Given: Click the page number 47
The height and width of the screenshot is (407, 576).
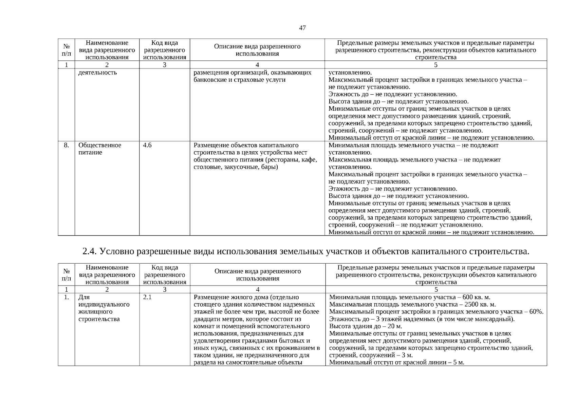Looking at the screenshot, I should (x=302, y=28).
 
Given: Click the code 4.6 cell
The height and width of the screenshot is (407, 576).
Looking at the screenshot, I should (x=147, y=146).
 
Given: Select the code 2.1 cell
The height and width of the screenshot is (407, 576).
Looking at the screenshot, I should (x=147, y=297).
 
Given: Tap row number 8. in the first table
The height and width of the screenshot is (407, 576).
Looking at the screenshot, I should (x=66, y=146).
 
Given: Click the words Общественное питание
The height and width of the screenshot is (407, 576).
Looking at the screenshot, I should (x=99, y=149).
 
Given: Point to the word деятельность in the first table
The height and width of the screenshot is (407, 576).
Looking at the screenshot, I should (x=97, y=73).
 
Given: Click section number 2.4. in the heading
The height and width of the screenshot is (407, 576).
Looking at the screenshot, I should (x=90, y=252).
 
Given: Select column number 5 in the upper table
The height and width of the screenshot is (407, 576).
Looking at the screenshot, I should (x=435, y=65).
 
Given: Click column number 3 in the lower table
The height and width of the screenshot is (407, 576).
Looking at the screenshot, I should (x=165, y=290).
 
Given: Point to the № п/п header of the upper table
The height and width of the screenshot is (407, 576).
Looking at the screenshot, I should (x=67, y=50).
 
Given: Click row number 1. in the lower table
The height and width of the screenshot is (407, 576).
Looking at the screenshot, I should (x=67, y=297).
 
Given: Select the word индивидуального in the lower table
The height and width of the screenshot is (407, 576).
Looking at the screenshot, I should (x=104, y=305).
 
